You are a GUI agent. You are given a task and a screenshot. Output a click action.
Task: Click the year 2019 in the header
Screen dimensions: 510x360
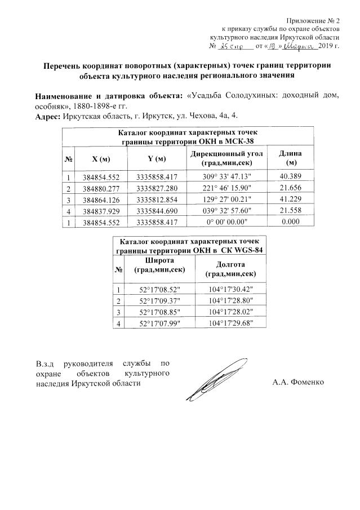coord(326,45)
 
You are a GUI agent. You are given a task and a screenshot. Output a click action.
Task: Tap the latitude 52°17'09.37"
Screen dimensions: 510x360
coord(159,301)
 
